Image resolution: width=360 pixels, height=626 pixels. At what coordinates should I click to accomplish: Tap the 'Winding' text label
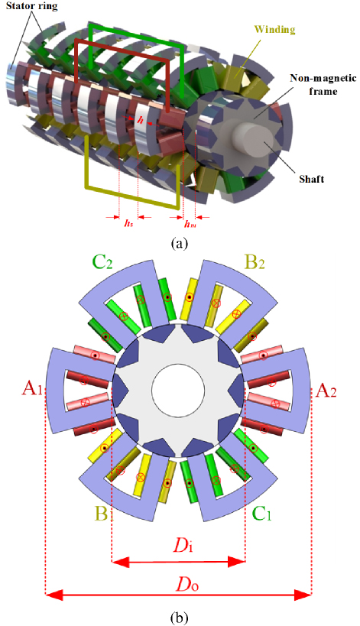click(281, 29)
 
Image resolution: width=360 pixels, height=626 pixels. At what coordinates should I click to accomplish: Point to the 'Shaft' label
click(312, 179)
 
